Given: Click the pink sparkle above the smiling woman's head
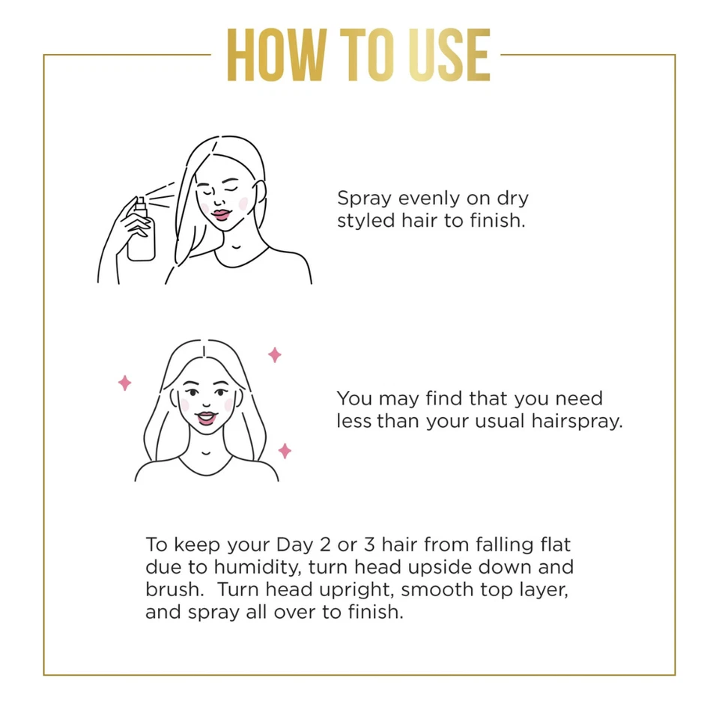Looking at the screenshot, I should tap(275, 354).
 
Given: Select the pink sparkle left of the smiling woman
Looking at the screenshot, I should tap(124, 383).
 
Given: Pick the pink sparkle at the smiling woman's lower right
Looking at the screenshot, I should tap(285, 450).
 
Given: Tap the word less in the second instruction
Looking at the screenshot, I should tap(354, 421).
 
